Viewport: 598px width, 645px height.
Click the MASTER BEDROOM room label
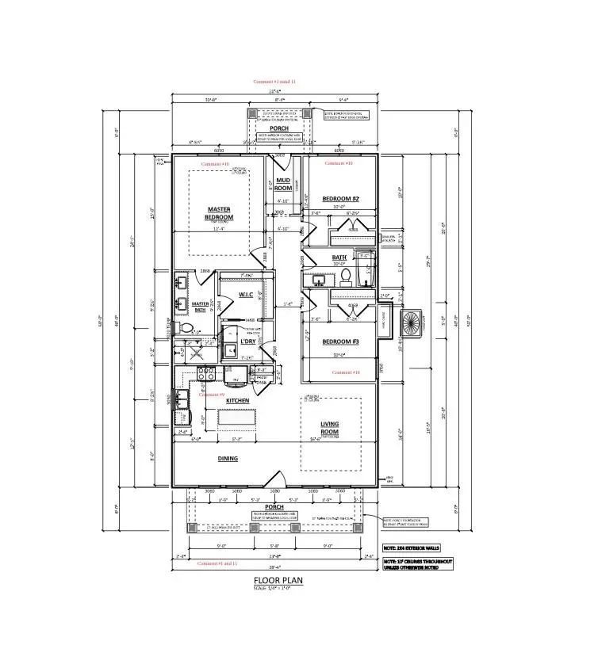pos(220,213)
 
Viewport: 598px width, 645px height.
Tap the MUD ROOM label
pos(283,185)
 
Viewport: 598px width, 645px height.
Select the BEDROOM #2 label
pos(341,198)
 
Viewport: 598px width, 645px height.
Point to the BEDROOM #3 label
pos(341,342)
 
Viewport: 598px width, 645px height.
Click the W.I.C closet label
pos(245,295)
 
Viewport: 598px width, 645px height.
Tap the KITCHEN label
pos(238,401)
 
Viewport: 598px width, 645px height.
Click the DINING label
pos(228,458)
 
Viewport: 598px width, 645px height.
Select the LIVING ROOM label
pos(330,427)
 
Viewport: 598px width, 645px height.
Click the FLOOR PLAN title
pos(277,579)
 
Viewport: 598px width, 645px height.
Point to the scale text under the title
pos(277,588)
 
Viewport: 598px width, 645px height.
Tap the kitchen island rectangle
pos(228,418)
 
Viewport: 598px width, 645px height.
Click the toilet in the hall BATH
pos(346,276)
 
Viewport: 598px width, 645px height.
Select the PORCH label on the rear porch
pos(278,128)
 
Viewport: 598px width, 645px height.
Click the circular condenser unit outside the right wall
pos(411,322)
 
